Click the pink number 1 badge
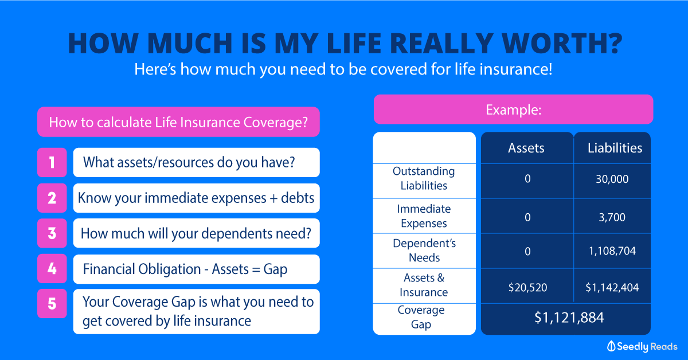(52, 162)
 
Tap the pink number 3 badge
(52, 233)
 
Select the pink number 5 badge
(52, 303)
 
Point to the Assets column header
(526, 148)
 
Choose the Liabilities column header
(615, 148)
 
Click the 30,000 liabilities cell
(612, 179)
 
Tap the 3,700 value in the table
(612, 217)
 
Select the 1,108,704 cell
(612, 251)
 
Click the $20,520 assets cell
(527, 288)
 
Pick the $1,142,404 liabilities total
(612, 288)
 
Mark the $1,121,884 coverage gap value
(569, 318)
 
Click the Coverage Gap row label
(421, 318)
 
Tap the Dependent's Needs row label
(424, 251)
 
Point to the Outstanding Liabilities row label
(424, 178)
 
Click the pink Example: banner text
(514, 109)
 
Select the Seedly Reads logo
(642, 346)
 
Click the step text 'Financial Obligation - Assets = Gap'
(185, 269)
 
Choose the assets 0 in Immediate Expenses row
(527, 217)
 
